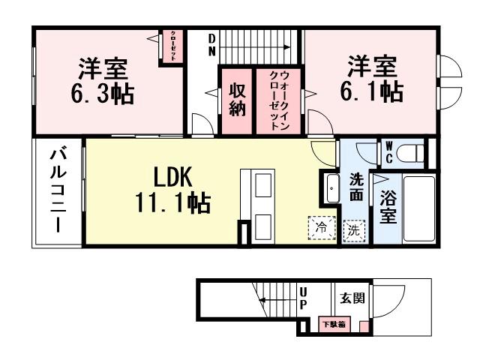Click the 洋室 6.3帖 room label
[104, 82]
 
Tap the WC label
[389, 153]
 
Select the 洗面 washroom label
[356, 187]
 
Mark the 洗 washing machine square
[352, 231]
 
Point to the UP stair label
[303, 298]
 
